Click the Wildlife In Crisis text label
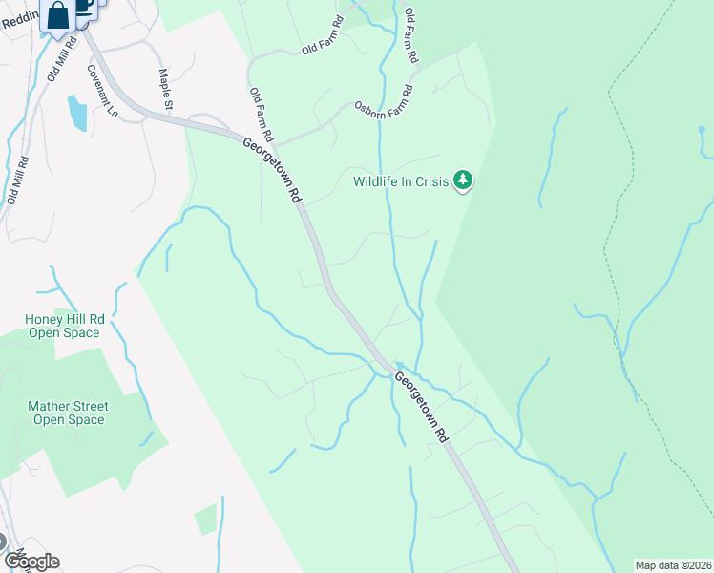pos(401,181)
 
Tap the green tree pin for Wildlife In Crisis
pos(463,180)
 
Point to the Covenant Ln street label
pos(101,92)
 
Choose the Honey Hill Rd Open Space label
pos(64,326)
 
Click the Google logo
pos(31,561)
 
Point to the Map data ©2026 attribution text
pos(674,565)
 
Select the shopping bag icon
pos(58,16)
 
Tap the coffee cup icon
pos(84,6)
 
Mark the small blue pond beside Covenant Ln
pos(76,112)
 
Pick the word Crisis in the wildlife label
pos(429,181)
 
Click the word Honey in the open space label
pos(42,319)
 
